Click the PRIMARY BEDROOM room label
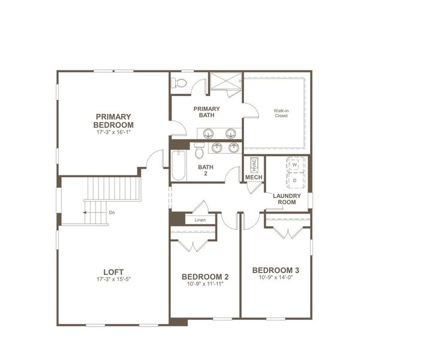click(113, 121)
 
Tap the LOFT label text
click(113, 272)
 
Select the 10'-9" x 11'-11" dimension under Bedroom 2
click(205, 284)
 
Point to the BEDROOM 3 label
click(276, 270)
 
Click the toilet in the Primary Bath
click(179, 82)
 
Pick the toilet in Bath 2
click(199, 151)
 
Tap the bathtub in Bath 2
click(179, 164)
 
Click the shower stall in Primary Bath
click(225, 81)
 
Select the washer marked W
click(295, 164)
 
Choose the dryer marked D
click(295, 180)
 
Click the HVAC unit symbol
click(254, 165)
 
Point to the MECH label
click(254, 177)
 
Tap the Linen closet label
click(200, 220)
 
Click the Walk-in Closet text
click(281, 113)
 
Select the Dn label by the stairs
click(112, 212)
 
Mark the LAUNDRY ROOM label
click(287, 199)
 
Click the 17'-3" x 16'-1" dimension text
click(113, 132)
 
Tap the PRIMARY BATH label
click(206, 112)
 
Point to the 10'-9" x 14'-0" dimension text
click(276, 277)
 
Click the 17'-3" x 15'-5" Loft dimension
click(113, 280)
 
